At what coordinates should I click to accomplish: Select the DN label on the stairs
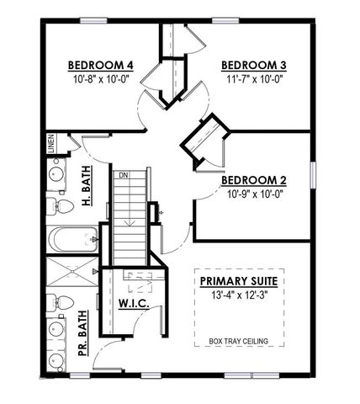(x=123, y=175)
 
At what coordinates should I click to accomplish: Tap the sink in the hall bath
(x=56, y=176)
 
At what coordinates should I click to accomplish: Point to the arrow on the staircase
(x=129, y=222)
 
